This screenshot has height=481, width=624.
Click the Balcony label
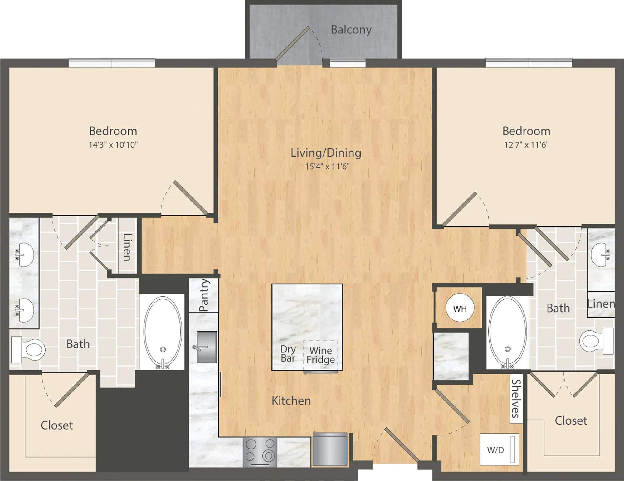(351, 30)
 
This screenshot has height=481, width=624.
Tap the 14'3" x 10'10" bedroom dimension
(113, 145)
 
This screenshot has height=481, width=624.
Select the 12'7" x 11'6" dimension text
(526, 145)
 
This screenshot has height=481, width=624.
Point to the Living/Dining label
(326, 153)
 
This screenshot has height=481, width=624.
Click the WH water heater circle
(460, 309)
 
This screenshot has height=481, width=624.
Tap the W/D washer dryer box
(499, 449)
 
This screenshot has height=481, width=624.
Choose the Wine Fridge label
(321, 355)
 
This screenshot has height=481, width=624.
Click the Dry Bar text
(288, 353)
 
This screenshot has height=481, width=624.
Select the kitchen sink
(207, 347)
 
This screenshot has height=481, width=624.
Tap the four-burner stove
(260, 452)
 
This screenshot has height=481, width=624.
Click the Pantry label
(203, 295)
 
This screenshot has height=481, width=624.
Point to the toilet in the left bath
(28, 350)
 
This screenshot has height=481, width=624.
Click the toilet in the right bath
(597, 341)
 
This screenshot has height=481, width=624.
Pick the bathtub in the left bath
(163, 333)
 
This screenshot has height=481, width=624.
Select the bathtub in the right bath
(507, 332)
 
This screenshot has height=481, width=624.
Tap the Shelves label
(516, 399)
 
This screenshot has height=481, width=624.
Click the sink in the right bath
(601, 255)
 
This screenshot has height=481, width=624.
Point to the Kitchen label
(291, 401)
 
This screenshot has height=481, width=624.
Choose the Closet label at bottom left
(57, 425)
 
